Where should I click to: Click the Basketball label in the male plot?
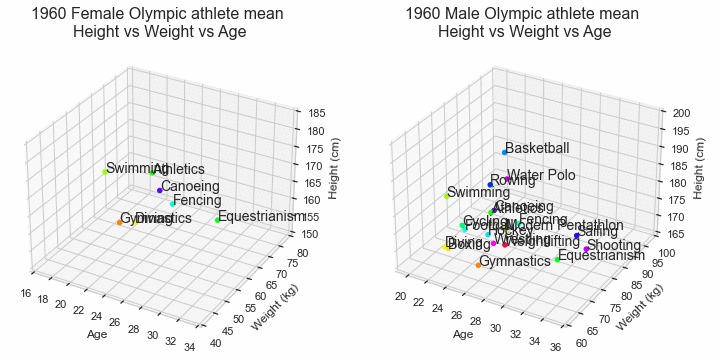pos(537,148)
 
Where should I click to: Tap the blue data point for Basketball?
pos(504,152)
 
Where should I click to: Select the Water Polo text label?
pos(541,176)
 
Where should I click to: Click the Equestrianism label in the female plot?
pos(261,216)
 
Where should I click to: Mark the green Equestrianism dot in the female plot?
pos(217,220)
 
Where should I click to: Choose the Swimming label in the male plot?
pos(478,193)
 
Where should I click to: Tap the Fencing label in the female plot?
pos(197,201)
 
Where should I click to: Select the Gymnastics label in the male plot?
pos(515,261)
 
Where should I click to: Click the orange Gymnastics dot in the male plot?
pos(478,265)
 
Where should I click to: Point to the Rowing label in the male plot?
pos(512,181)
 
